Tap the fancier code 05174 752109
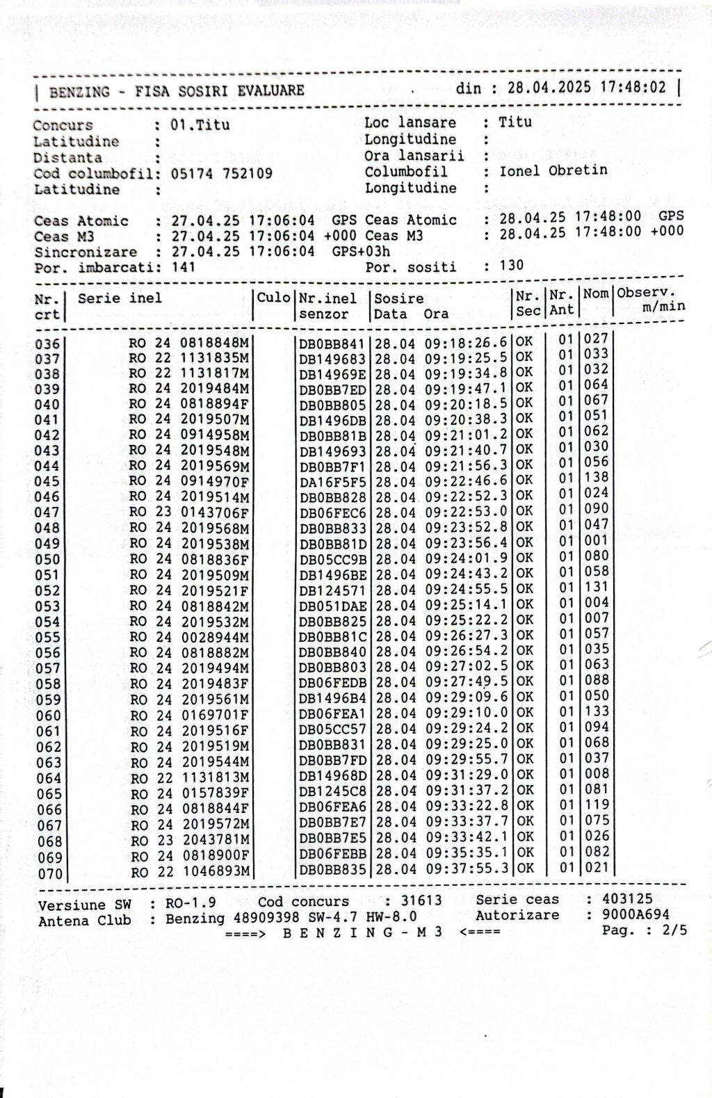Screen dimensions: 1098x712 pos(222,174)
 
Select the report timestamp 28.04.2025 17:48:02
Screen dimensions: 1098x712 pos(586,88)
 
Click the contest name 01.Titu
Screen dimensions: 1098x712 pos(200,126)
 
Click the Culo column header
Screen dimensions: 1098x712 pos(274,298)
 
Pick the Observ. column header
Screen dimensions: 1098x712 pos(647,293)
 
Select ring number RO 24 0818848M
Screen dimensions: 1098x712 pos(189,343)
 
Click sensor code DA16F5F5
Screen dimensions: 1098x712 pos(332,481)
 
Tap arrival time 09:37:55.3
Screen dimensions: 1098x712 pos(467,869)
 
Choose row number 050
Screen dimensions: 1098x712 pos(47,560)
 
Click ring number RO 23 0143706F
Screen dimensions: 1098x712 pos(189,512)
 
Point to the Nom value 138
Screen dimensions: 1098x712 pos(596,478)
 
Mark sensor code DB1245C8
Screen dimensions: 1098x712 pos(332,791)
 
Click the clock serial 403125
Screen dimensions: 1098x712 pos(628,898)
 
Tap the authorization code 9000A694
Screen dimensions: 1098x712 pos(636,914)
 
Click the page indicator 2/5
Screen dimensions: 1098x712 pos(673,930)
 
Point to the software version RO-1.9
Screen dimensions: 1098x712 pos(191,903)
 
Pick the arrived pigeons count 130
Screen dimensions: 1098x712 pos(512,265)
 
